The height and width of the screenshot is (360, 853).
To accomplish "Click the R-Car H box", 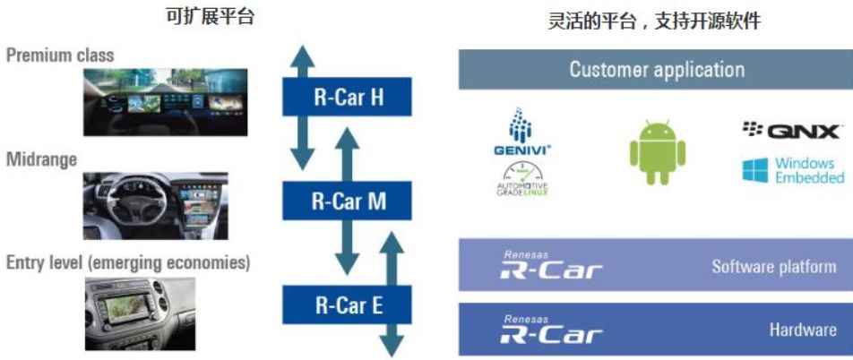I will [x=347, y=96].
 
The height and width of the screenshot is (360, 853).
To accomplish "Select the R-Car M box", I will [x=347, y=201].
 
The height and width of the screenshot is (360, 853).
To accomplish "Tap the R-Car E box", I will [x=349, y=305].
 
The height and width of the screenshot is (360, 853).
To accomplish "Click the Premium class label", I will [x=60, y=56].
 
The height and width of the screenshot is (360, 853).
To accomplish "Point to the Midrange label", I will [x=41, y=159].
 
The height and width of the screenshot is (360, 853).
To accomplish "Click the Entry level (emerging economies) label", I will [x=128, y=263].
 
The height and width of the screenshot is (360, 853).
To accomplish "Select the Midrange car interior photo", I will [x=155, y=205].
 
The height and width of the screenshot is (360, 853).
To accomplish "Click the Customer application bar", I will [x=656, y=69].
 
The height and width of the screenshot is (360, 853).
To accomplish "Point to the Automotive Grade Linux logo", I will [x=521, y=178].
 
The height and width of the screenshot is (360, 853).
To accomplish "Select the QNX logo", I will [x=791, y=132].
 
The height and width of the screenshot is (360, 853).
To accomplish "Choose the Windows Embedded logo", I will [x=793, y=170].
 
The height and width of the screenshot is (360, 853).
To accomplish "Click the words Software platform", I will [x=774, y=266].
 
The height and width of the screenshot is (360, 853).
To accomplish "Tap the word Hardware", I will [x=803, y=330].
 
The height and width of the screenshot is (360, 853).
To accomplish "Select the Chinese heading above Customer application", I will [x=655, y=21].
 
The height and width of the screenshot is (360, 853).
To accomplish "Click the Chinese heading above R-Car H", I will [x=211, y=15].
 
